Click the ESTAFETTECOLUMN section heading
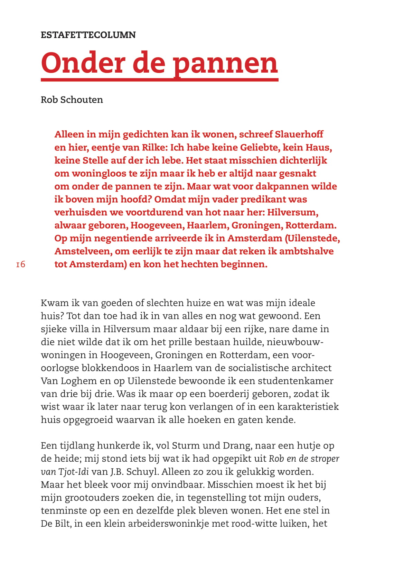click(88, 35)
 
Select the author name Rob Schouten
click(72, 100)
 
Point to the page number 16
click(21, 265)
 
